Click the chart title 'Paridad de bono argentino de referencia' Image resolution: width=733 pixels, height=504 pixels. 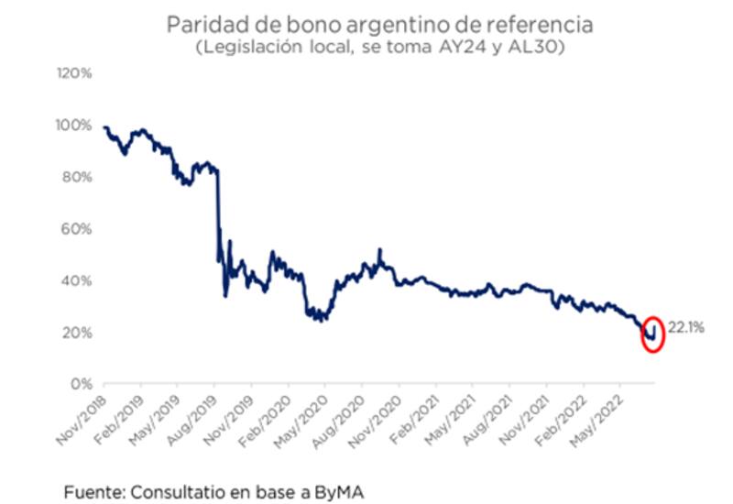366,25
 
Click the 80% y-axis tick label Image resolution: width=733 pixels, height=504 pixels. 79,177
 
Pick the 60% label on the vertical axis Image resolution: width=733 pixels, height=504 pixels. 79,228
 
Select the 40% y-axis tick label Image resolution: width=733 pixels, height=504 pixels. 79,280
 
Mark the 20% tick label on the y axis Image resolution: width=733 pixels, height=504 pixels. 79,332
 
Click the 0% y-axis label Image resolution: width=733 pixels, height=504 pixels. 82,383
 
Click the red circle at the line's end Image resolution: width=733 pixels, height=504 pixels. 651,334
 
